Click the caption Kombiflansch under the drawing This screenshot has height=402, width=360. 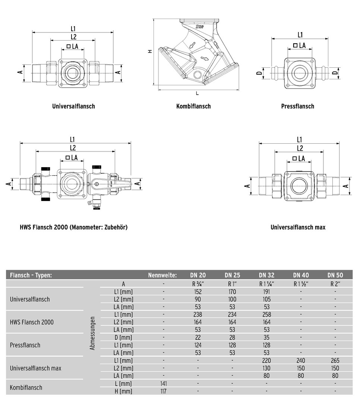tap(193, 106)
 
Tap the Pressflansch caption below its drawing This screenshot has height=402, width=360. tap(298, 106)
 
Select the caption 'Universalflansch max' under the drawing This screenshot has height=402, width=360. tap(298, 227)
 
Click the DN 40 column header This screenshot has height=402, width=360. tap(301, 275)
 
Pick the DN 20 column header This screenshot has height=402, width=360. tap(198, 275)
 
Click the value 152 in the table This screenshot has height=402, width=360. tap(198, 292)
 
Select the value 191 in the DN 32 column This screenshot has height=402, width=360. tap(266, 292)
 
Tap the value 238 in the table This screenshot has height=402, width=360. tap(198, 315)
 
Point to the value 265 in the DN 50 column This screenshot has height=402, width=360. tap(335, 361)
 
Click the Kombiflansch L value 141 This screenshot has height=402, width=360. tap(164, 384)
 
